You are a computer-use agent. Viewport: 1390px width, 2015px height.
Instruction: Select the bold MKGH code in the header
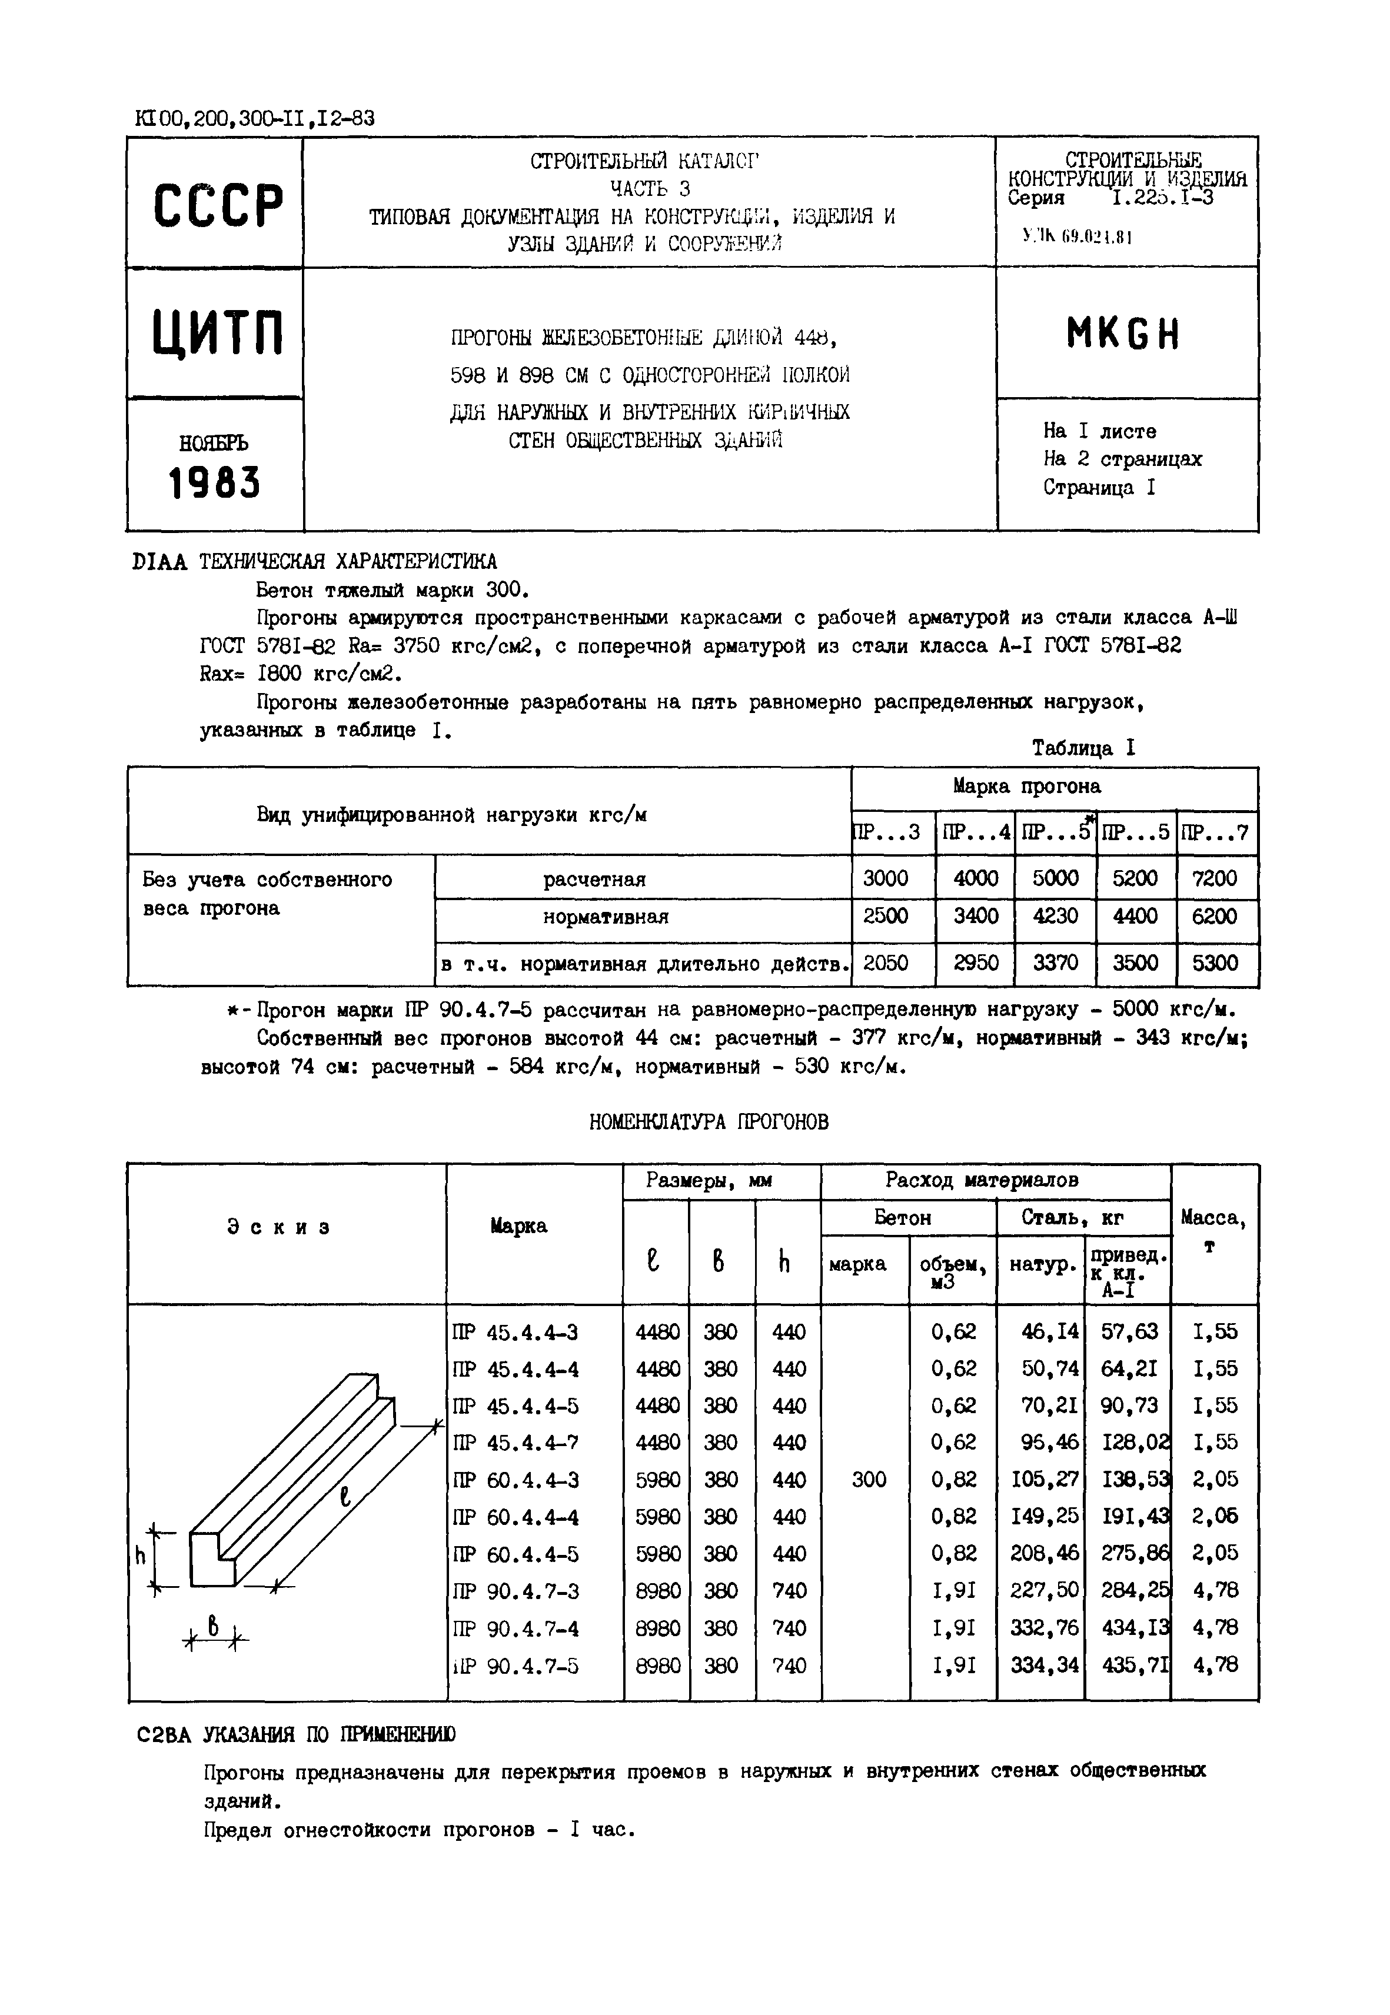pyautogui.click(x=1123, y=334)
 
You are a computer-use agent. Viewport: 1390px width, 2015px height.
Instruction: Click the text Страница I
pyautogui.click(x=1099, y=488)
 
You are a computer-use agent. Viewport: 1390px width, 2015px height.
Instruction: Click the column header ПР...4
pyautogui.click(x=976, y=832)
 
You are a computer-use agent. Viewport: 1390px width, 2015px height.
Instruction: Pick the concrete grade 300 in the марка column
pyautogui.click(x=869, y=1480)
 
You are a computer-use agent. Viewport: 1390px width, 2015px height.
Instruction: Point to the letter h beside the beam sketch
pyautogui.click(x=139, y=1556)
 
